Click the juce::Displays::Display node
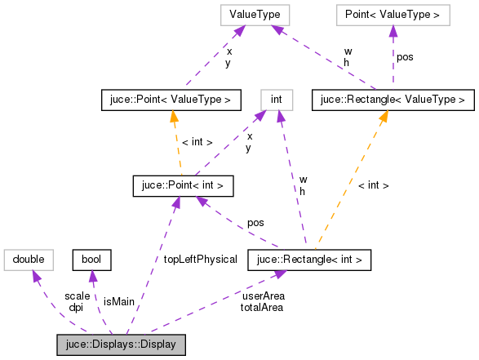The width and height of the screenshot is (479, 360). pos(122,344)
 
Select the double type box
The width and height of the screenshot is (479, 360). pos(29,260)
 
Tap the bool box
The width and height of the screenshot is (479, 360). pos(92,260)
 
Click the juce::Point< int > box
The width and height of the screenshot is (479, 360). pos(183,185)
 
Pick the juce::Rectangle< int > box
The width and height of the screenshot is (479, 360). pos(310,260)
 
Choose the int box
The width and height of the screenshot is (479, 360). pos(276,100)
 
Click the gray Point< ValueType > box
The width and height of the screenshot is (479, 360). pos(393,15)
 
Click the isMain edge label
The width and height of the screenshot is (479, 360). pos(119,301)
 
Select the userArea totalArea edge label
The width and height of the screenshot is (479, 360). pos(262,301)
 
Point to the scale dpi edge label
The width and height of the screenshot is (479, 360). pos(77,301)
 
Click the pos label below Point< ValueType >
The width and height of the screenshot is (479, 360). pos(405,57)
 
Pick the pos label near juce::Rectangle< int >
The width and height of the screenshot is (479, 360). pos(255,222)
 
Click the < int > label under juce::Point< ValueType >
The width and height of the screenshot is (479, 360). pos(197,142)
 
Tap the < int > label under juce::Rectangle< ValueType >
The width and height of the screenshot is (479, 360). pos(373,185)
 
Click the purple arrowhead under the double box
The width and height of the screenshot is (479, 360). pos(36,277)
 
